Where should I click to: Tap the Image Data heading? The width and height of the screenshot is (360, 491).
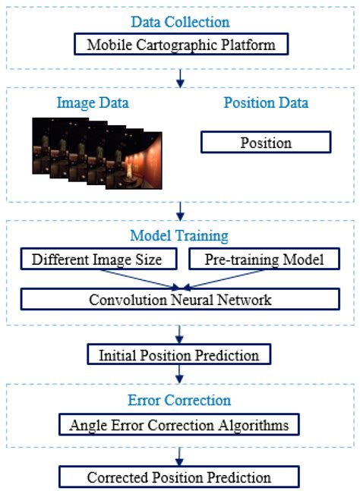pyautogui.click(x=93, y=102)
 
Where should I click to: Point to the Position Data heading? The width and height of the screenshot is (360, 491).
pyautogui.click(x=265, y=102)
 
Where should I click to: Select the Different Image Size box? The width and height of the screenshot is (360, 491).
pyautogui.click(x=97, y=260)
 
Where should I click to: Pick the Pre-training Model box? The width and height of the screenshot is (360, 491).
pyautogui.click(x=264, y=260)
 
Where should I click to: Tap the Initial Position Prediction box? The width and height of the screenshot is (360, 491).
pyautogui.click(x=179, y=354)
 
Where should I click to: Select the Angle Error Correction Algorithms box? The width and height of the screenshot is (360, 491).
pyautogui.click(x=179, y=425)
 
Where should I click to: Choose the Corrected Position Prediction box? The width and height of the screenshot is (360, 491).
pyautogui.click(x=179, y=477)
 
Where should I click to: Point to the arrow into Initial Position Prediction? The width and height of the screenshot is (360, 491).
pyautogui.click(x=179, y=335)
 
